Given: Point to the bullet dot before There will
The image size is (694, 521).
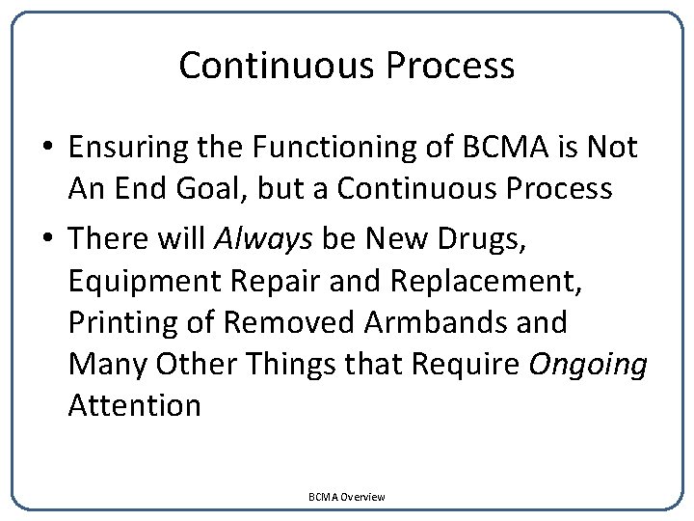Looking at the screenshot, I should point(46,236).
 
